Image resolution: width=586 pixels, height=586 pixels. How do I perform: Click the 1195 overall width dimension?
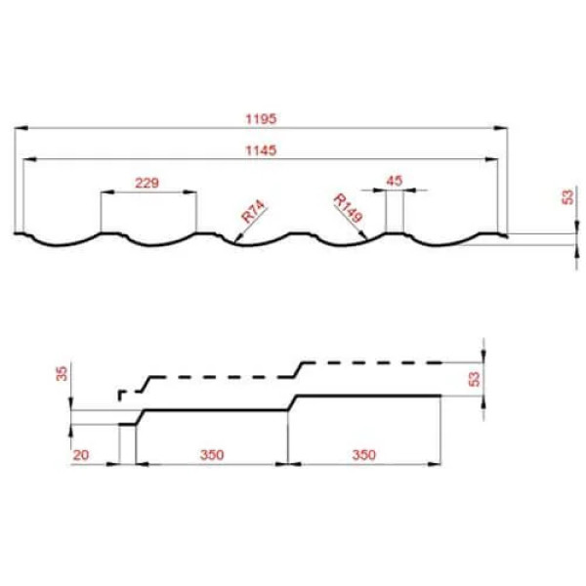click(261, 119)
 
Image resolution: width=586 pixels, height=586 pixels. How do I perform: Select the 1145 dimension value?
click(261, 150)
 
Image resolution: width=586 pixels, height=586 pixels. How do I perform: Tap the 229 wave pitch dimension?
click(146, 183)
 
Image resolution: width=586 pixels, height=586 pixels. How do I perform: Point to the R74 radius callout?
click(253, 212)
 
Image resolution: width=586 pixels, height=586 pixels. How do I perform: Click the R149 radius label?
click(348, 208)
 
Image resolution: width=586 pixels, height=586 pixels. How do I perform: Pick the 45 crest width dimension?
click(395, 181)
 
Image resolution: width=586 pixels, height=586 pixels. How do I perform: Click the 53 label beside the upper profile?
click(567, 197)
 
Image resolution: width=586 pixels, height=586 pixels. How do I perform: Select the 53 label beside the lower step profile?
click(474, 379)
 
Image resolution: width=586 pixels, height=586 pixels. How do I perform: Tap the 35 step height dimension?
click(63, 374)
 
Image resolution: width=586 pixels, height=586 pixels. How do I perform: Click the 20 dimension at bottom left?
click(81, 455)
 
